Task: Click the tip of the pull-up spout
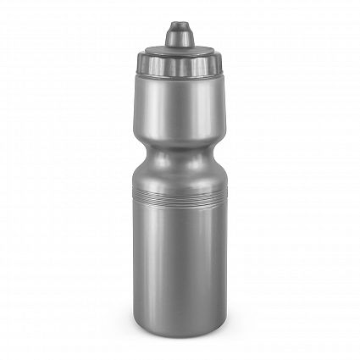tap(178, 25)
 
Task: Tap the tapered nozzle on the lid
tap(178, 36)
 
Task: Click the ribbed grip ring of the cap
tap(178, 64)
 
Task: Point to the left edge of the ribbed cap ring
tap(136, 64)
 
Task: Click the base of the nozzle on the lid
tap(178, 44)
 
